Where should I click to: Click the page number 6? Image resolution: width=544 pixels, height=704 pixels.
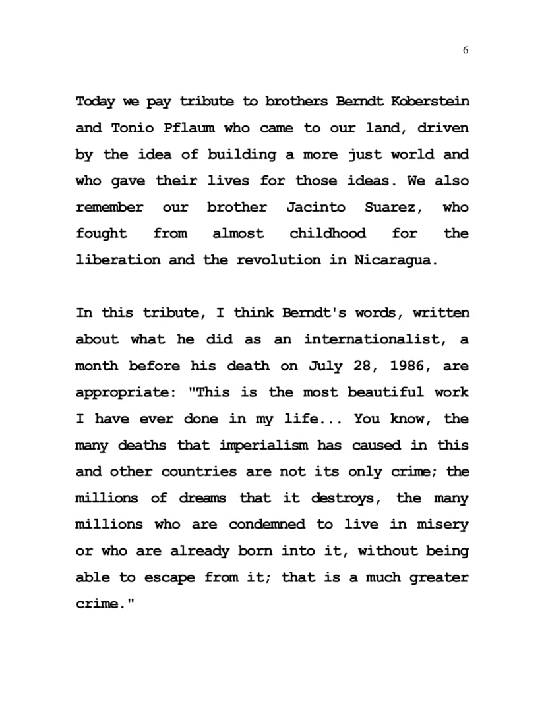[x=466, y=51]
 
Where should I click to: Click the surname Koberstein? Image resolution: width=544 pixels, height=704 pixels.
[x=430, y=102]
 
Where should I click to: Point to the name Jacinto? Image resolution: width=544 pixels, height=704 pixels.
[x=315, y=207]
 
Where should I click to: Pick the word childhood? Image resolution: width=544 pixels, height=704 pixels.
[x=328, y=233]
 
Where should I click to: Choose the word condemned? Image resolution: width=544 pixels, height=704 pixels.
[x=267, y=525]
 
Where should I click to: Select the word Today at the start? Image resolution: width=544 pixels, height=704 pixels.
[x=96, y=102]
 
